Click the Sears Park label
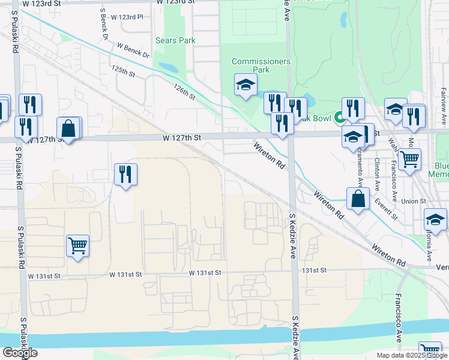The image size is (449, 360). [x=175, y=41]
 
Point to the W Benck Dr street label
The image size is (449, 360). [x=133, y=50]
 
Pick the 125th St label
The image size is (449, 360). [x=123, y=71]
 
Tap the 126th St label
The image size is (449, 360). [x=184, y=92]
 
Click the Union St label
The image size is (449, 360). [x=414, y=202]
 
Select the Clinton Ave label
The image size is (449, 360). [x=377, y=171]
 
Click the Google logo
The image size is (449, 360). [x=20, y=353]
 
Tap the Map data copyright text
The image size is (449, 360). [x=412, y=355]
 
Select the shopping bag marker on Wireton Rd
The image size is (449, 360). [x=358, y=199]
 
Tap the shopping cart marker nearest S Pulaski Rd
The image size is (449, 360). [x=78, y=246]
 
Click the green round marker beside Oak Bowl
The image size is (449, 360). [x=339, y=118]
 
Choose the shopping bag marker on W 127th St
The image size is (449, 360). [x=69, y=128]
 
